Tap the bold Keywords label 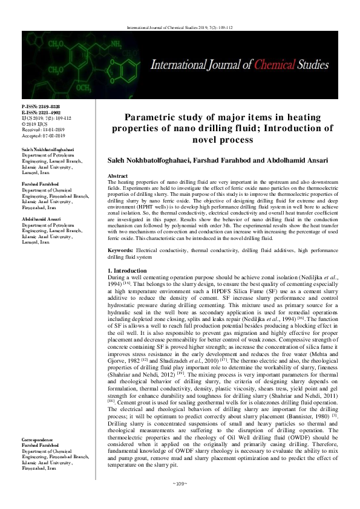point(121,250)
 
